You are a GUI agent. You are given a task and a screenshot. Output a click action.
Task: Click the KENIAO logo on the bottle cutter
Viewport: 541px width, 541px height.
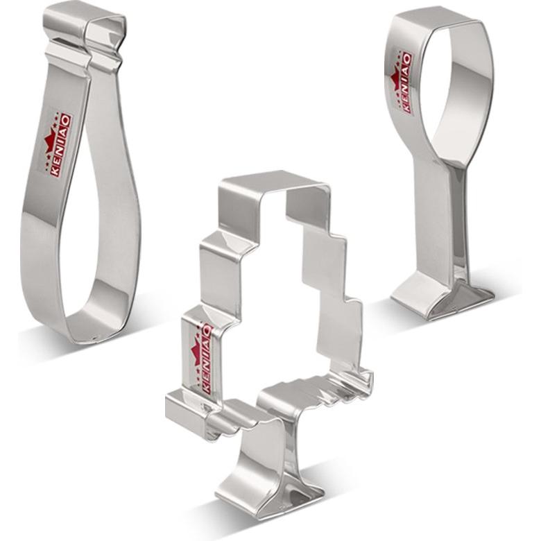[58, 145]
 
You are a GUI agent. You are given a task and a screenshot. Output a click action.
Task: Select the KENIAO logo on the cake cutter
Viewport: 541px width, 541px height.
[203, 359]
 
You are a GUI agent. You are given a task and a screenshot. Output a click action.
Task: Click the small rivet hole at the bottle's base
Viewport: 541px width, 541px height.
[96, 338]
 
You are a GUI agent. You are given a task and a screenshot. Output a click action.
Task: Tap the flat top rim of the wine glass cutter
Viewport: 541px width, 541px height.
[438, 18]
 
